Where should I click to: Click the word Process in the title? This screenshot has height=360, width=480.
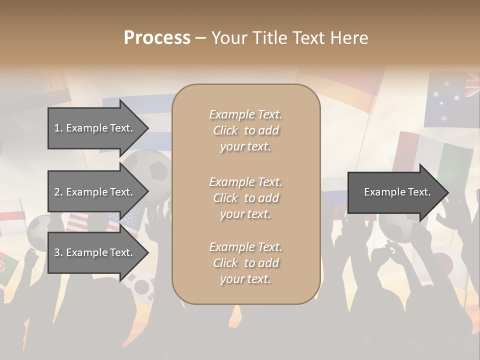point(157,38)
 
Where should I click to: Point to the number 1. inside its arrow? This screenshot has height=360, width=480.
point(58,128)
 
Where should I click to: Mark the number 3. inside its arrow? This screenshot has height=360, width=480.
point(58,252)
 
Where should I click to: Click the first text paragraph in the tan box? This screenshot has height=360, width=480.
point(245,130)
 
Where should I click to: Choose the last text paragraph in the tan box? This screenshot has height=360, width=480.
point(245,263)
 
